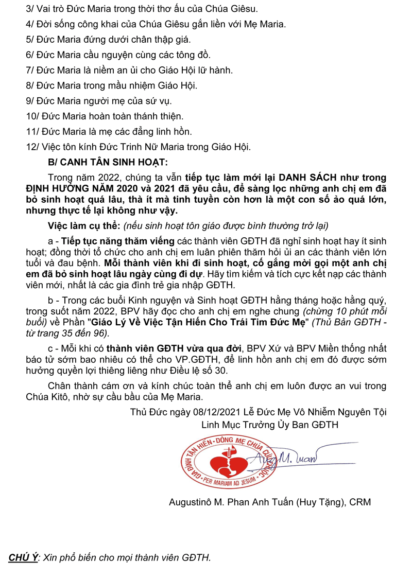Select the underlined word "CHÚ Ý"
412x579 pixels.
pos(23,557)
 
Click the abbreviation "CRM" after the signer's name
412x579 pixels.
pos(360,502)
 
